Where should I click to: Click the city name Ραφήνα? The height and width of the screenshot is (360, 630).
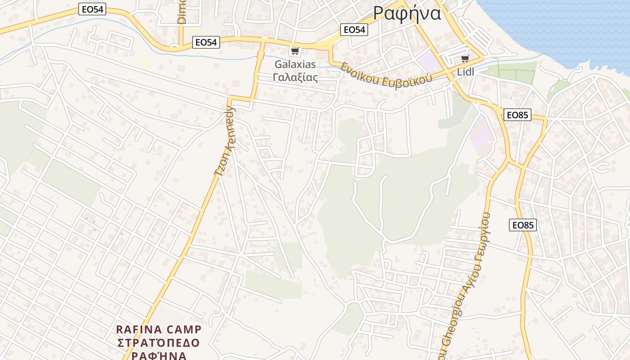click(407, 13)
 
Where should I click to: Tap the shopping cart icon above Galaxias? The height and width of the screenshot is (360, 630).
click(295, 51)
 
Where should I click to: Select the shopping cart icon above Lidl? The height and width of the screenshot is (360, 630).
click(465, 59)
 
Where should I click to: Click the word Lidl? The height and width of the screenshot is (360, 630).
click(465, 72)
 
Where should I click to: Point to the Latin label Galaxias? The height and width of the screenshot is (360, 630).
click(295, 64)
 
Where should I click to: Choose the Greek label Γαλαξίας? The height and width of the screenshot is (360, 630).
click(295, 77)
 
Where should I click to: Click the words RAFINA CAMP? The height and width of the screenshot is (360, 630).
click(159, 329)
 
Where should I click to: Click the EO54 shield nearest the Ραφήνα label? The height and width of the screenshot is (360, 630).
click(354, 30)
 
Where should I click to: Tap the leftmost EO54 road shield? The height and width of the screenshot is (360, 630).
click(92, 9)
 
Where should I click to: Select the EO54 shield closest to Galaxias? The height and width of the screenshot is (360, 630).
click(206, 42)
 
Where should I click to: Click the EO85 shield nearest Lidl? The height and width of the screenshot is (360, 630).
click(517, 115)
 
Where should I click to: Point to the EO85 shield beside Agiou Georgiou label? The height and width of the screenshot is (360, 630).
click(523, 225)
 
